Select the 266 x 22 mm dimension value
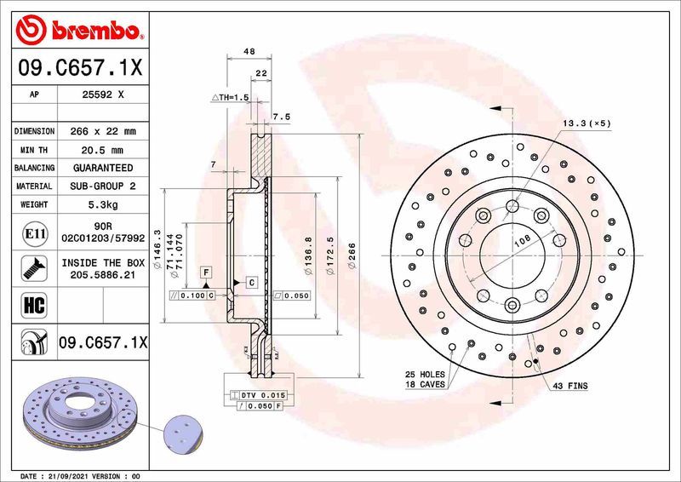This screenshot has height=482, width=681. [105, 131]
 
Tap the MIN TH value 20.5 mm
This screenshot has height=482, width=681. [105, 150]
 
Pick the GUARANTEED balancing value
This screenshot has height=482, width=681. [105, 168]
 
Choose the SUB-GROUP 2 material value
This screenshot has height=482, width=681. [105, 186]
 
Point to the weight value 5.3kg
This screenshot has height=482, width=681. [105, 204]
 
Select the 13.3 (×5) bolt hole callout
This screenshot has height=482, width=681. [586, 123]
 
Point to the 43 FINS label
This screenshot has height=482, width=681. [569, 386]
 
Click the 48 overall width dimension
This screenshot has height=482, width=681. [249, 53]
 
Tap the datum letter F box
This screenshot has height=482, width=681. [205, 271]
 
